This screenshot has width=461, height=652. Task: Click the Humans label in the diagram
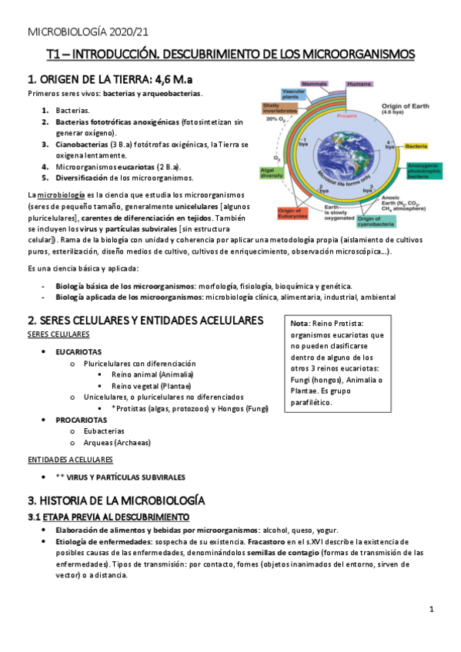pyautogui.click(x=359, y=83)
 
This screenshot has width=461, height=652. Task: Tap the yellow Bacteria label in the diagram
pyautogui.click(x=417, y=146)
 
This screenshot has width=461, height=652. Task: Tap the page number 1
pyautogui.click(x=432, y=609)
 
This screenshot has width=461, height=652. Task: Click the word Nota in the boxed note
pyautogui.click(x=300, y=323)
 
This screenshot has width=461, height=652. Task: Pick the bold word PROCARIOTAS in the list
pyautogui.click(x=81, y=421)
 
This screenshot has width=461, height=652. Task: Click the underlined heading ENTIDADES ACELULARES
pyautogui.click(x=69, y=459)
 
